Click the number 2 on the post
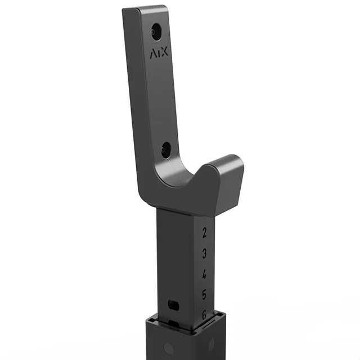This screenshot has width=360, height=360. pos(204,233)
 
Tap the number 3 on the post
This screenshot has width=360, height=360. pos(205,254)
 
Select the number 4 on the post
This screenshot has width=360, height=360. pos(204,274)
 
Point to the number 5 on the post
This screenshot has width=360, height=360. pos(204,294)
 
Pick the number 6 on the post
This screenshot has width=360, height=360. pos(204,314)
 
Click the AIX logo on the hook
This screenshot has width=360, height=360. pos(159,53)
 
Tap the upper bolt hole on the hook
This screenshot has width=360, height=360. pos(156,31)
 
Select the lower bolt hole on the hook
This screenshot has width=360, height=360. pos(166,150)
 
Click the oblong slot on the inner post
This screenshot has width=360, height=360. pos(173,305)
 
